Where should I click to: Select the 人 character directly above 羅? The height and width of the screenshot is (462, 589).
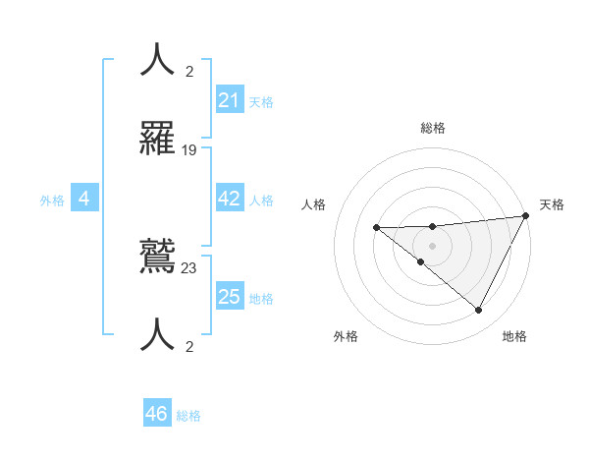pyautogui.click(x=157, y=59)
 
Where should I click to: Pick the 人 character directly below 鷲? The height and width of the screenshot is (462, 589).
pyautogui.click(x=157, y=334)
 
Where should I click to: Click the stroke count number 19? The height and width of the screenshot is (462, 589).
pyautogui.click(x=189, y=149)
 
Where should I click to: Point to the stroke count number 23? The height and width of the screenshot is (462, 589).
pyautogui.click(x=189, y=267)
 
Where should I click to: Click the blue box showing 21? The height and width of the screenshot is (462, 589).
pyautogui.click(x=230, y=99)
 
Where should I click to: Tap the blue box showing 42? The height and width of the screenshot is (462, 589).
pyautogui.click(x=230, y=199)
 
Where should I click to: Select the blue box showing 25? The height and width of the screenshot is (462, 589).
pyautogui.click(x=230, y=296)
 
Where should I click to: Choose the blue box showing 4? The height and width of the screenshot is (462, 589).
pyautogui.click(x=84, y=199)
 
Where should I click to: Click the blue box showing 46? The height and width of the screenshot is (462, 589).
pyautogui.click(x=157, y=414)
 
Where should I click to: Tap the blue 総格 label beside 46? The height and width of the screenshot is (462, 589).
pyautogui.click(x=188, y=416)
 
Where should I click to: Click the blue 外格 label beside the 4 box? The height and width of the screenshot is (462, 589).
pyautogui.click(x=52, y=201)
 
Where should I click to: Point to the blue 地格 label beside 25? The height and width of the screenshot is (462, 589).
pyautogui.click(x=261, y=298)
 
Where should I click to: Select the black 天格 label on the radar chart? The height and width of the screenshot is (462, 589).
pyautogui.click(x=552, y=204)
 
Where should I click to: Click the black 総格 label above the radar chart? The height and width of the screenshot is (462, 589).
pyautogui.click(x=432, y=128)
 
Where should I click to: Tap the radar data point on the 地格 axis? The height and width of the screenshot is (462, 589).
pyautogui.click(x=479, y=311)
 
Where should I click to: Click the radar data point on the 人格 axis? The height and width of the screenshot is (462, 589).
pyautogui.click(x=376, y=228)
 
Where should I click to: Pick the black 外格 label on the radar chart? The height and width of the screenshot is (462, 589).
pyautogui.click(x=346, y=336)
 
